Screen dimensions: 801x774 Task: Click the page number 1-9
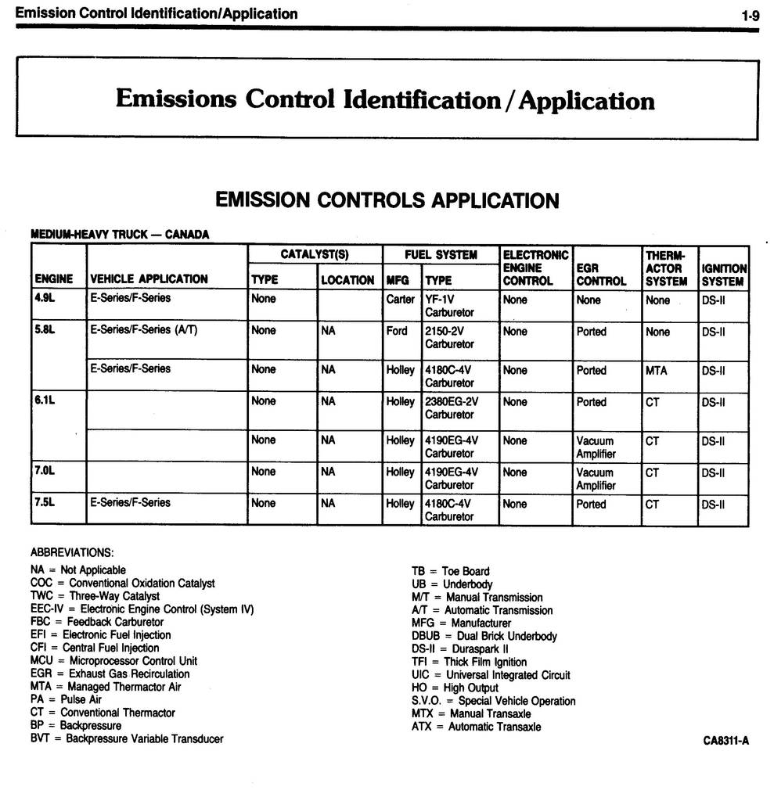click(750, 15)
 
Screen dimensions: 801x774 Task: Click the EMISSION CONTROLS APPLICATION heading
click(387, 200)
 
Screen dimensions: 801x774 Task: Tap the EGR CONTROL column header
click(601, 275)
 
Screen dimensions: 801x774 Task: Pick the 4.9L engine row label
click(44, 298)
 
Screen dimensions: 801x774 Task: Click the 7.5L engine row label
click(44, 502)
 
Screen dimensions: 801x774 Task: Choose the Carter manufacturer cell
click(400, 300)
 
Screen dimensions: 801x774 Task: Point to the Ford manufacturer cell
click(397, 331)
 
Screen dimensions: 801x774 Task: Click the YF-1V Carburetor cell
click(449, 306)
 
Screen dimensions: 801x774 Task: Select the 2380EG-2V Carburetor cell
click(451, 408)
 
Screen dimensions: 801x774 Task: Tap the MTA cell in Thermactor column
click(656, 370)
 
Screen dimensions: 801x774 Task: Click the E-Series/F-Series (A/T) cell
click(143, 330)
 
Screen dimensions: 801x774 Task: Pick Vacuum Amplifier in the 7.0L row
click(596, 479)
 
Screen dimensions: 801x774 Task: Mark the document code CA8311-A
click(725, 742)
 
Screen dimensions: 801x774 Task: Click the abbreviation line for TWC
click(95, 596)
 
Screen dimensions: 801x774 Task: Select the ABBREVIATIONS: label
click(72, 553)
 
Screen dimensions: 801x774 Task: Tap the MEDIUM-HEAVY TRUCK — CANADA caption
click(120, 234)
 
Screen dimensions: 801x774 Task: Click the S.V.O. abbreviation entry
click(493, 701)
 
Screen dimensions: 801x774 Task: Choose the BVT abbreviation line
click(127, 738)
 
